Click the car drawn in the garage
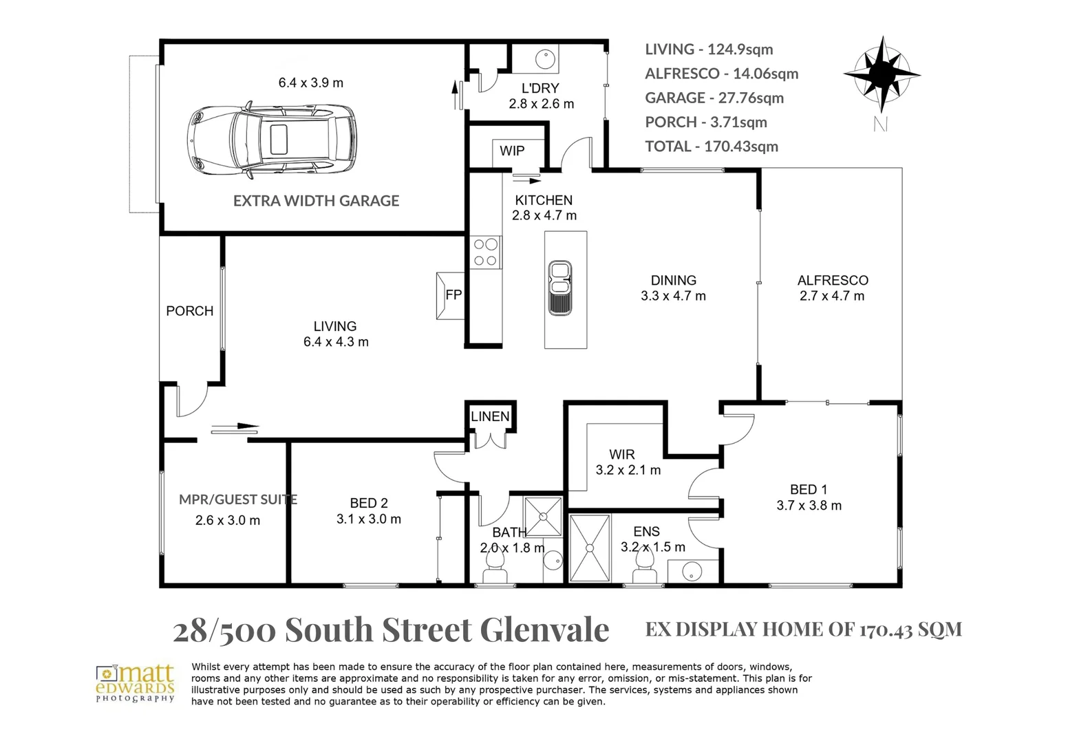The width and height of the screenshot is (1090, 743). pos(272,140)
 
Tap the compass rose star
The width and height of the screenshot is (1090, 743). pos(881,74)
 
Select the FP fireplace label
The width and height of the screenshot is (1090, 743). pos(453,295)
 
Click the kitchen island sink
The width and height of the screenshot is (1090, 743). pos(560,288)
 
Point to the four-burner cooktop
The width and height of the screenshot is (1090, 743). pos(486,252)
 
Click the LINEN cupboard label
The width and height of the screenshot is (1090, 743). pos(490,416)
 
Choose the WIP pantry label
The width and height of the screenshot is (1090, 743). pos(512,151)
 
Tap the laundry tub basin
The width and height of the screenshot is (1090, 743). pos(545,59)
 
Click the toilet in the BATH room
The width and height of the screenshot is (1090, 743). pos(495,568)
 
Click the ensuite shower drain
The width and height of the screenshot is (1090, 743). pos(590,548)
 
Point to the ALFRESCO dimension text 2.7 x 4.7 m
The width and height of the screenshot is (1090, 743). pos(832,296)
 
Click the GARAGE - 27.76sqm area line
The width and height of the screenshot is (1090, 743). pos(714,98)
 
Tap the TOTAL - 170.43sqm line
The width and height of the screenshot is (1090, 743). pos(712,147)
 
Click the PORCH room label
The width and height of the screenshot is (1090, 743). pos(190,311)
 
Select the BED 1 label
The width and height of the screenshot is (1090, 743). pos(809,490)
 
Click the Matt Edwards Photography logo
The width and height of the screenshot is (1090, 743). pos(136,683)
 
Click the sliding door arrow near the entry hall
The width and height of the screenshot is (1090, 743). pos(235,428)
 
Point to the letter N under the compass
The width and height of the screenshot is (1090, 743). pos(881,125)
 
